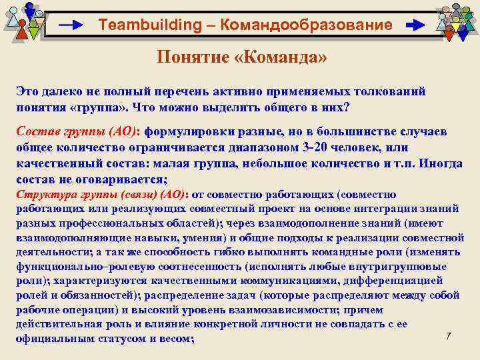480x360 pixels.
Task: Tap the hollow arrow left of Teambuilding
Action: click(x=71, y=25)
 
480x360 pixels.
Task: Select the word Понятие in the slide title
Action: click(x=193, y=57)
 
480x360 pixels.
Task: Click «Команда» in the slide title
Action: click(x=281, y=57)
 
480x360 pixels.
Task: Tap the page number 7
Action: click(x=449, y=335)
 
